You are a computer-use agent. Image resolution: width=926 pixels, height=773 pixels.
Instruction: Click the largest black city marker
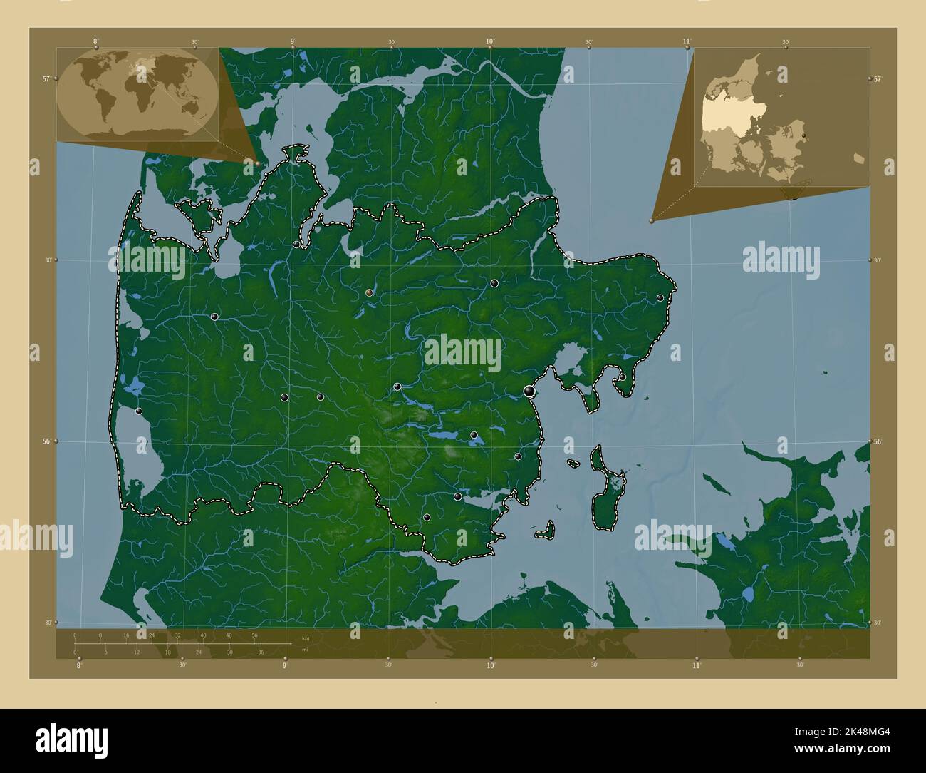[x=529, y=391]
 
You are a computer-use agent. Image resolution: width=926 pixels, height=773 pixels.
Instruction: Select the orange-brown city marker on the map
[x=369, y=292]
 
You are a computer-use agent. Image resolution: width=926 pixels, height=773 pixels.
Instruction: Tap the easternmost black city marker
[x=660, y=298]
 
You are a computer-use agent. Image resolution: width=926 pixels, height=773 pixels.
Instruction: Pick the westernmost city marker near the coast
[x=139, y=411]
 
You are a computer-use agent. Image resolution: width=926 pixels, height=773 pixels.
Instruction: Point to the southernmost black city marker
[x=427, y=518]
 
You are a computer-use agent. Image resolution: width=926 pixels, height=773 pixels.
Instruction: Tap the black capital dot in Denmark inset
[x=803, y=134]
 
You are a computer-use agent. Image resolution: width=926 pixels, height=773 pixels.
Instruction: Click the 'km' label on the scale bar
[x=306, y=638]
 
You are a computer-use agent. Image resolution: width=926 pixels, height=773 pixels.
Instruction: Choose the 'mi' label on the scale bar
[x=305, y=650]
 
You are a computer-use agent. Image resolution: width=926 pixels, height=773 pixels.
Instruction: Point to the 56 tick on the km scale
[x=254, y=635]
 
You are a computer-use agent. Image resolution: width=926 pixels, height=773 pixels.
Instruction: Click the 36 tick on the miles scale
[x=261, y=652]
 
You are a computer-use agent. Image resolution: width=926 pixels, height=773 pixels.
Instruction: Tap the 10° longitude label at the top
[x=490, y=42]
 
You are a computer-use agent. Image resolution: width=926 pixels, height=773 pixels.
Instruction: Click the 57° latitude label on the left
[x=46, y=79]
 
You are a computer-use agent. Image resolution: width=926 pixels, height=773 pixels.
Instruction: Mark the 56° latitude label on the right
[x=878, y=442]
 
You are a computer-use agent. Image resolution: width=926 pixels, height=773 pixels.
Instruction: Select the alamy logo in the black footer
[x=71, y=739]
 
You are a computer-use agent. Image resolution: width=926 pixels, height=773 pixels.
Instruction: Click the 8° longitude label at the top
[x=95, y=42]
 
